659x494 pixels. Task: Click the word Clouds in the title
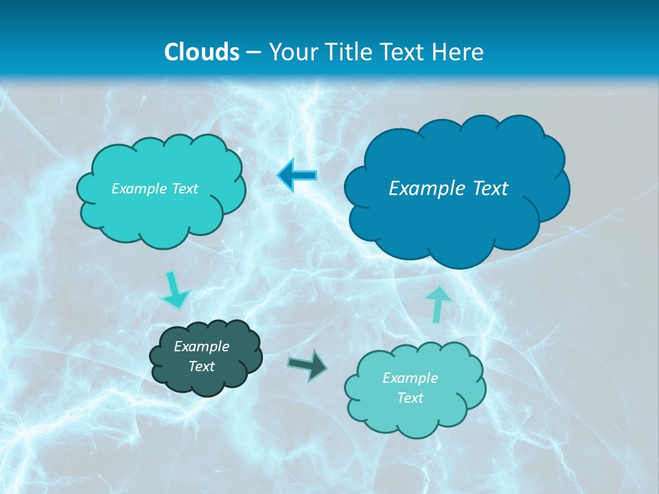(x=202, y=52)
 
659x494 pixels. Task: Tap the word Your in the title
(x=294, y=52)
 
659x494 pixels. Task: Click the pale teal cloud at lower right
(x=415, y=419)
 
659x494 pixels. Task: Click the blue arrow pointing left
(x=297, y=176)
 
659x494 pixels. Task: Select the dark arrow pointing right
(x=308, y=364)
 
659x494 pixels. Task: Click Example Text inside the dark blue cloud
(x=448, y=189)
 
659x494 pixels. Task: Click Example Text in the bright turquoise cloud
(x=154, y=189)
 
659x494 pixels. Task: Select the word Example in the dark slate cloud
(x=201, y=346)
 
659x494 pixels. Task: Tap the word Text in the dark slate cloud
(x=201, y=366)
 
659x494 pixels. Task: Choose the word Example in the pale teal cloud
(x=410, y=378)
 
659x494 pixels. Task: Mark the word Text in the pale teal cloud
(x=410, y=398)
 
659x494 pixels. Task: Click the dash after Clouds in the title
(x=253, y=53)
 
